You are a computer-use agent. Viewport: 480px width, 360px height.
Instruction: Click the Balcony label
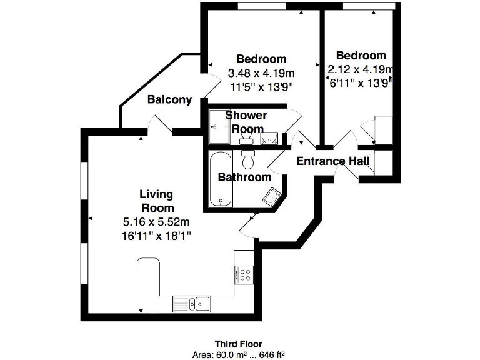click(169, 100)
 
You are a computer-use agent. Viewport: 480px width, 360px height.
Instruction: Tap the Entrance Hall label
click(332, 161)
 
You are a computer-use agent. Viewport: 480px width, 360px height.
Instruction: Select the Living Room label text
click(156, 201)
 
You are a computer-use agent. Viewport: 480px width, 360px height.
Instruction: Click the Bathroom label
click(244, 177)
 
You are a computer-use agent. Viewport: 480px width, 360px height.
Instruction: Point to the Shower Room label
click(246, 122)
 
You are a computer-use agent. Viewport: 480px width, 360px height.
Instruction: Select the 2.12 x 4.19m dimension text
click(361, 69)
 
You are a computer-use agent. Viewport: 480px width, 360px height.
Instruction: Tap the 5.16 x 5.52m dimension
click(156, 222)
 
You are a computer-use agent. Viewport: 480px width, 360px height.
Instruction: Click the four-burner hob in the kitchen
click(244, 275)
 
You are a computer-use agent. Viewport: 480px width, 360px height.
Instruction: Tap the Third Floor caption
click(238, 344)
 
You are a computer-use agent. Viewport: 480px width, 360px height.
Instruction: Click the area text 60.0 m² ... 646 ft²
click(238, 354)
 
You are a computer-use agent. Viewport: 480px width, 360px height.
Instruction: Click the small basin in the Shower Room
click(269, 137)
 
